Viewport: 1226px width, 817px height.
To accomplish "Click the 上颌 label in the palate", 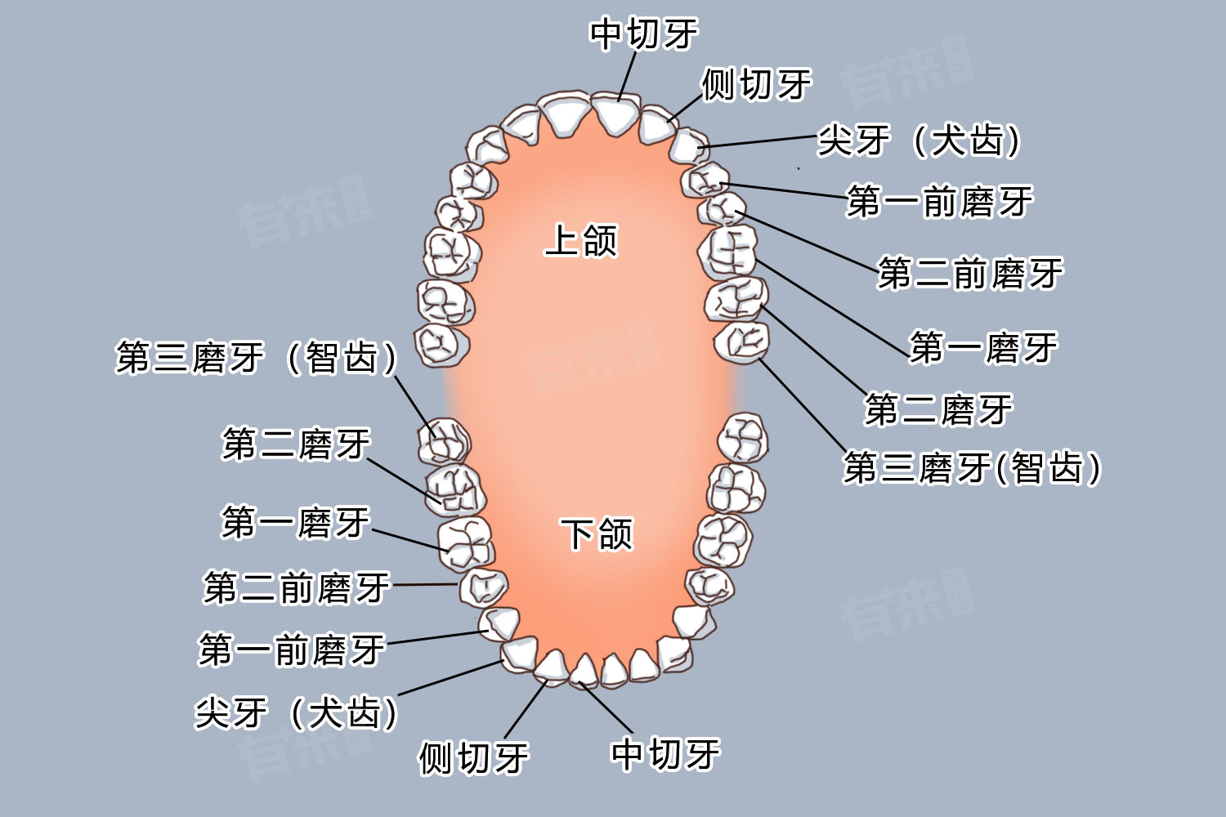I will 581,241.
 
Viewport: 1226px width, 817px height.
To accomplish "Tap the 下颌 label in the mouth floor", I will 597,534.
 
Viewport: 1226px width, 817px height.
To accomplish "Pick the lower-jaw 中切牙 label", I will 665,753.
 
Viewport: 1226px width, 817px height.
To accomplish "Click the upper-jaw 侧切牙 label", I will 756,84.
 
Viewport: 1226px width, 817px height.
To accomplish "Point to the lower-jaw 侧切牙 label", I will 473,757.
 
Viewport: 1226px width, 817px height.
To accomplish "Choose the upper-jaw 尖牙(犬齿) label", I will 919,141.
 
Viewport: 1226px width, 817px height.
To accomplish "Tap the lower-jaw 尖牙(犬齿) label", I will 296,712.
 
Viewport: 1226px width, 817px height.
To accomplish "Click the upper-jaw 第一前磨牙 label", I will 940,202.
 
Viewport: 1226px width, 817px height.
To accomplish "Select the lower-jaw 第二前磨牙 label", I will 297,587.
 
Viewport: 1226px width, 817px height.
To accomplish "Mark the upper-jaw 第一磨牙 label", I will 983,348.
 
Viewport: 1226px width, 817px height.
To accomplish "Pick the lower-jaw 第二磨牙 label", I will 296,444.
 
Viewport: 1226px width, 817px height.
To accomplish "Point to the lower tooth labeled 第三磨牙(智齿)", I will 444,442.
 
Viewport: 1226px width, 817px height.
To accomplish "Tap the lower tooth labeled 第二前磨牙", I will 483,587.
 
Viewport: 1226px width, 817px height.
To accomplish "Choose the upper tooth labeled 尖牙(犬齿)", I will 689,145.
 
